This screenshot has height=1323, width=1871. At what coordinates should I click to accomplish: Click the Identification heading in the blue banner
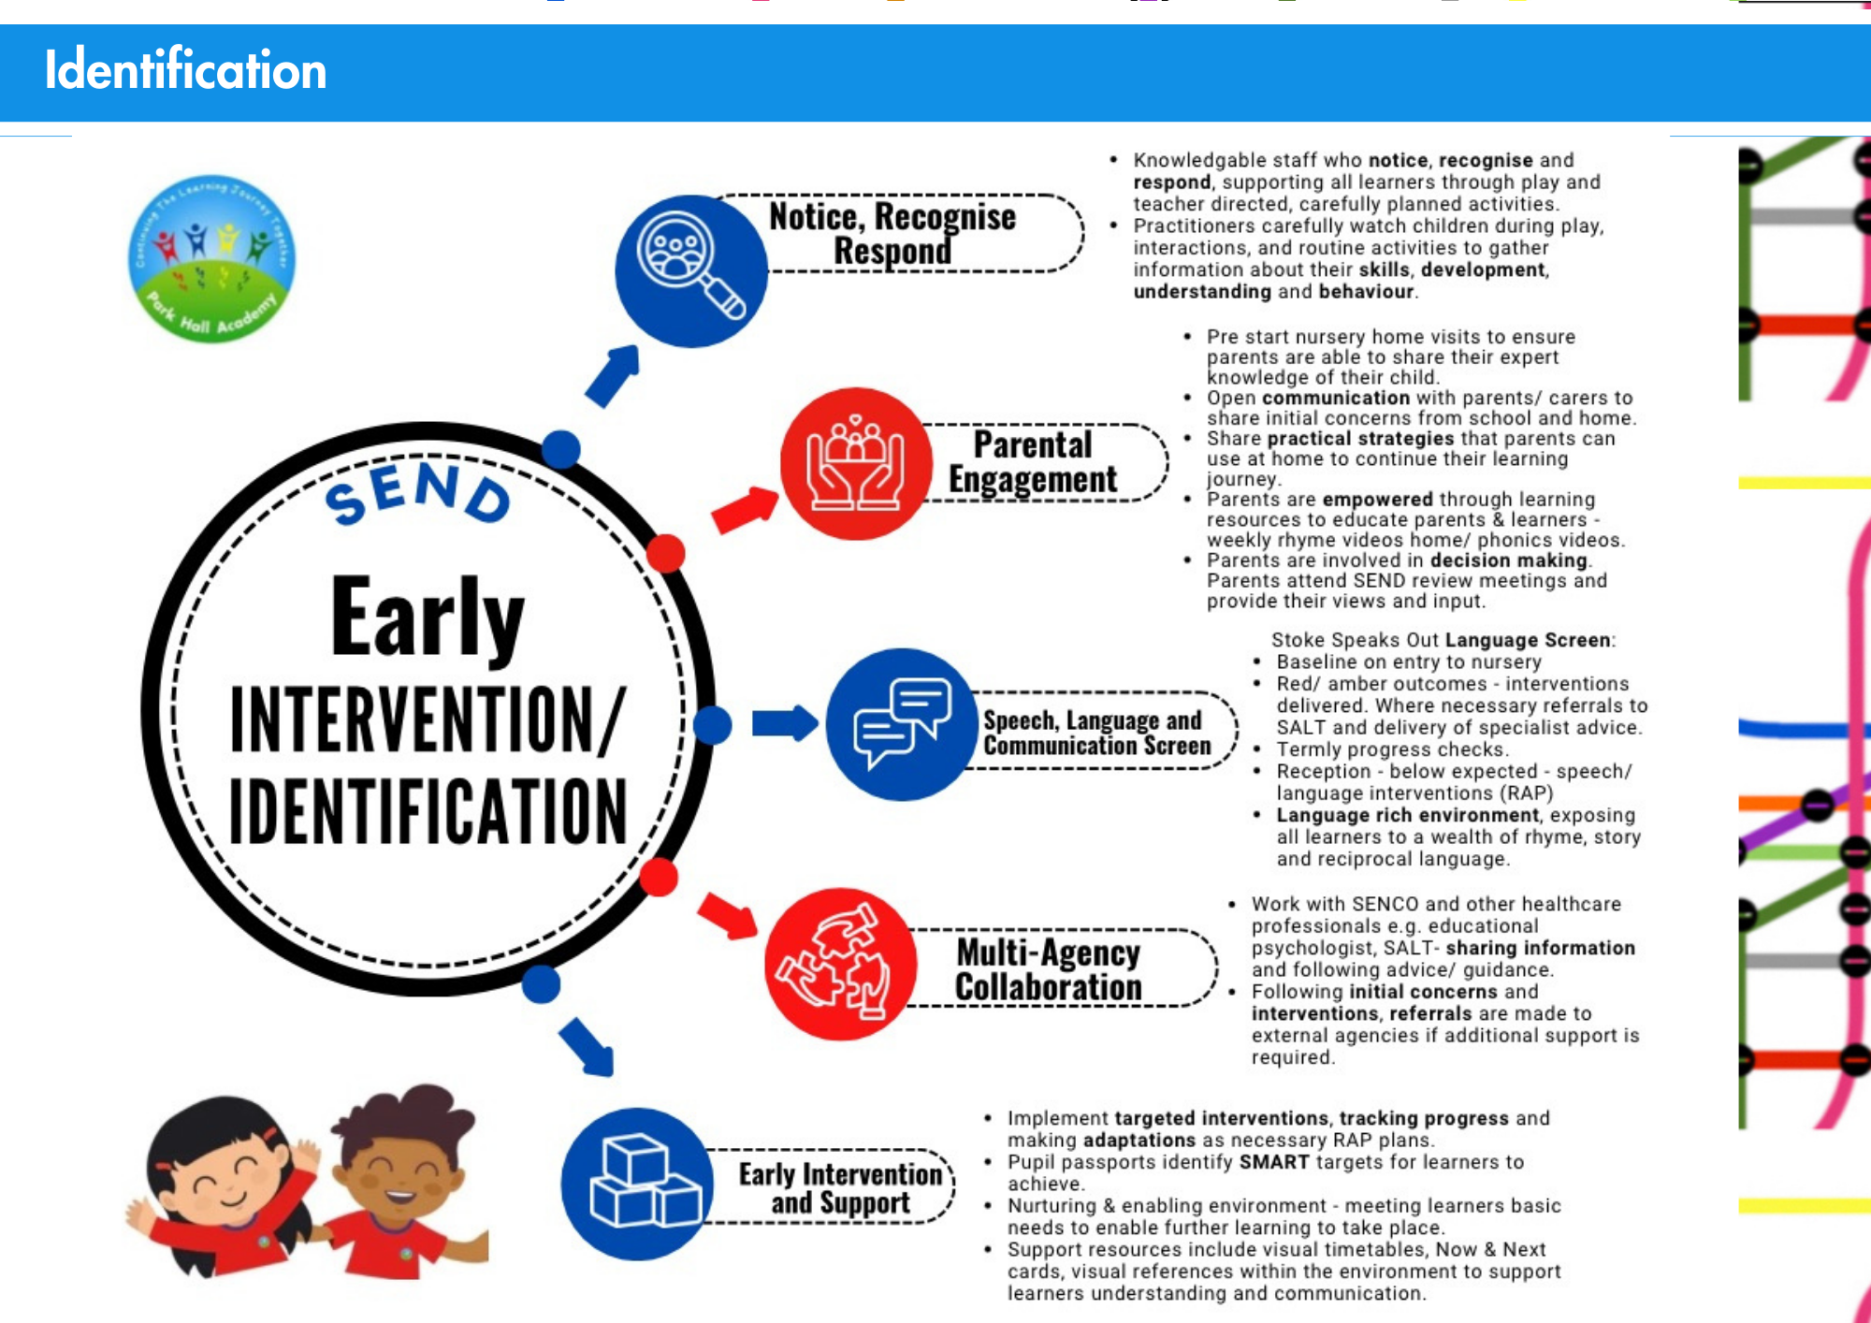(x=185, y=70)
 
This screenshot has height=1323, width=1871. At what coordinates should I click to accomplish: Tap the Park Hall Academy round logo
(x=211, y=258)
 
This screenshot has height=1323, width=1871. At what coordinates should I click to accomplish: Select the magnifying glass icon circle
(x=691, y=270)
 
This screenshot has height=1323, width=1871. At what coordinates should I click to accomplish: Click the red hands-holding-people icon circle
(x=856, y=463)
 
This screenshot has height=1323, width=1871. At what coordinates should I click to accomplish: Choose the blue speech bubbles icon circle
(x=902, y=724)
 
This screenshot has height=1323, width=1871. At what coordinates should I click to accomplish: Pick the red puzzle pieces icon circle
(x=840, y=964)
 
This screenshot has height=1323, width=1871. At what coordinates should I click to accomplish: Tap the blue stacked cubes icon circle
(x=638, y=1184)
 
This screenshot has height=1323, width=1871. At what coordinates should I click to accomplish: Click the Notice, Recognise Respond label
(x=892, y=233)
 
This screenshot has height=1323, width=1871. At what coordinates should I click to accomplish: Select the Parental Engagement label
(x=1033, y=461)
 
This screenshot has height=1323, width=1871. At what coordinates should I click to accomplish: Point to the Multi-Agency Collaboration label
(x=1048, y=969)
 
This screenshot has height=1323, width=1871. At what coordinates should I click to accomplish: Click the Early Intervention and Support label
(x=840, y=1187)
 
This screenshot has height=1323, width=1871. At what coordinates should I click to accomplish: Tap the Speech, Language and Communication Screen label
(x=1096, y=733)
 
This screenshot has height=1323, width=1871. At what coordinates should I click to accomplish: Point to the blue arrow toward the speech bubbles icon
(x=785, y=723)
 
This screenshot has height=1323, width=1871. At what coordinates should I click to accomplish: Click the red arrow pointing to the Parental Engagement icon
(x=746, y=510)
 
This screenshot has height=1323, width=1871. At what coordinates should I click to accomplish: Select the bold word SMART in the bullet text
(x=1274, y=1162)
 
